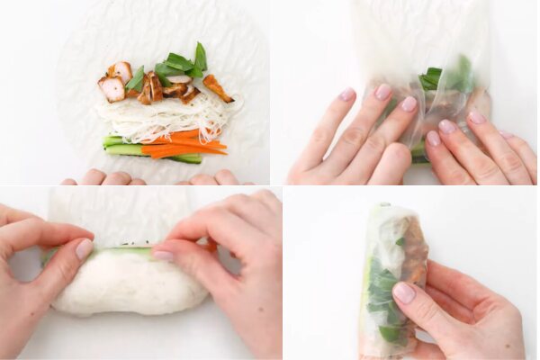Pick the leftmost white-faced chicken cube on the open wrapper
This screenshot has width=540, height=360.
click(x=112, y=88)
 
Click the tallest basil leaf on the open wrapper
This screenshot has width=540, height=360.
click(x=200, y=56)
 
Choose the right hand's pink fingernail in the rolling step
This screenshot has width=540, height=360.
click(x=163, y=256)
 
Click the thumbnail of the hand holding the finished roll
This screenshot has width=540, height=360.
click(x=404, y=292)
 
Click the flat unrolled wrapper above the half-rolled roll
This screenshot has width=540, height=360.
click(x=117, y=216)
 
